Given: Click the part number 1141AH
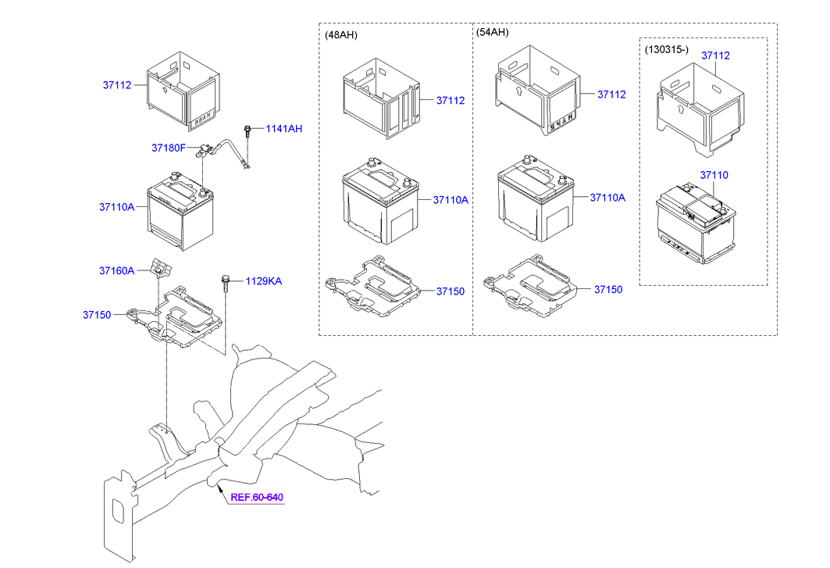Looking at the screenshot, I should tap(283, 129).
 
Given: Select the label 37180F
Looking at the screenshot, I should tap(168, 148).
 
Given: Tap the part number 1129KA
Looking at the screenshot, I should tap(263, 281).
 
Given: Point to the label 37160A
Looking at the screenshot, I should tap(116, 270).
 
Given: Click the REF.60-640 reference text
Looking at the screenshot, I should tap(257, 497).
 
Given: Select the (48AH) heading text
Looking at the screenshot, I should tap(341, 34).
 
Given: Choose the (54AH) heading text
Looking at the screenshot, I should tap(492, 32).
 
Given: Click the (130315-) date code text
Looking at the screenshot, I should tap(666, 49).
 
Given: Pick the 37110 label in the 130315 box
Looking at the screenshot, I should tap(714, 176).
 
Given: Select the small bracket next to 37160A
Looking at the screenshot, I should tap(161, 268).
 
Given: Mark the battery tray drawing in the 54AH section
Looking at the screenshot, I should tap(532, 287).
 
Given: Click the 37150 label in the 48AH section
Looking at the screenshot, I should tap(451, 291).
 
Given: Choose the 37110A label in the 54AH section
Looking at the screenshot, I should tap(607, 198).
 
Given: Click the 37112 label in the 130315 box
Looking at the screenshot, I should tap(714, 55).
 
